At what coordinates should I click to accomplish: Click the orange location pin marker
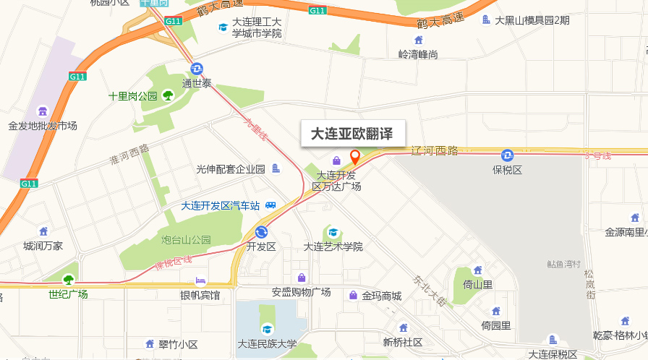coord(355,156)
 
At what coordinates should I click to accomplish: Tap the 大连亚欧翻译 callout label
coord(352,134)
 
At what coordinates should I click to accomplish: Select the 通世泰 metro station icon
coord(197,69)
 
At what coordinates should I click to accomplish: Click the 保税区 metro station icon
coord(508,155)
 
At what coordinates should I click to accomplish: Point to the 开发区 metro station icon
coord(261,232)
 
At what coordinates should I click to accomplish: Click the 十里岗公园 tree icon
coord(168,95)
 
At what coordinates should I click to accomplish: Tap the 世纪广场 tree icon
coord(68,280)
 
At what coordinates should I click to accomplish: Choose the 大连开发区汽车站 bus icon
coord(270,205)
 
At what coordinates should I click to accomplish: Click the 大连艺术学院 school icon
coord(333,232)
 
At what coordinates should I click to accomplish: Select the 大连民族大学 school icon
coord(268,329)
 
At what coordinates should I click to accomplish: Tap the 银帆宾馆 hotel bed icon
coord(200,280)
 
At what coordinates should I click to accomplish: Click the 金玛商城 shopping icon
coord(353,295)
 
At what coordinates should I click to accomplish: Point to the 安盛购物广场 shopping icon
coord(302,278)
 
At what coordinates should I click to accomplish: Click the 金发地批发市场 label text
coord(43,126)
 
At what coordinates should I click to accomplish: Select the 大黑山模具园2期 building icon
coord(487,20)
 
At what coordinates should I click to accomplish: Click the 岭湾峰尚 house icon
coord(419,40)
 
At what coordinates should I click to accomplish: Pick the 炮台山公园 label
coord(186,239)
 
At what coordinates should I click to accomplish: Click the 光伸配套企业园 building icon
coord(276,169)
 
